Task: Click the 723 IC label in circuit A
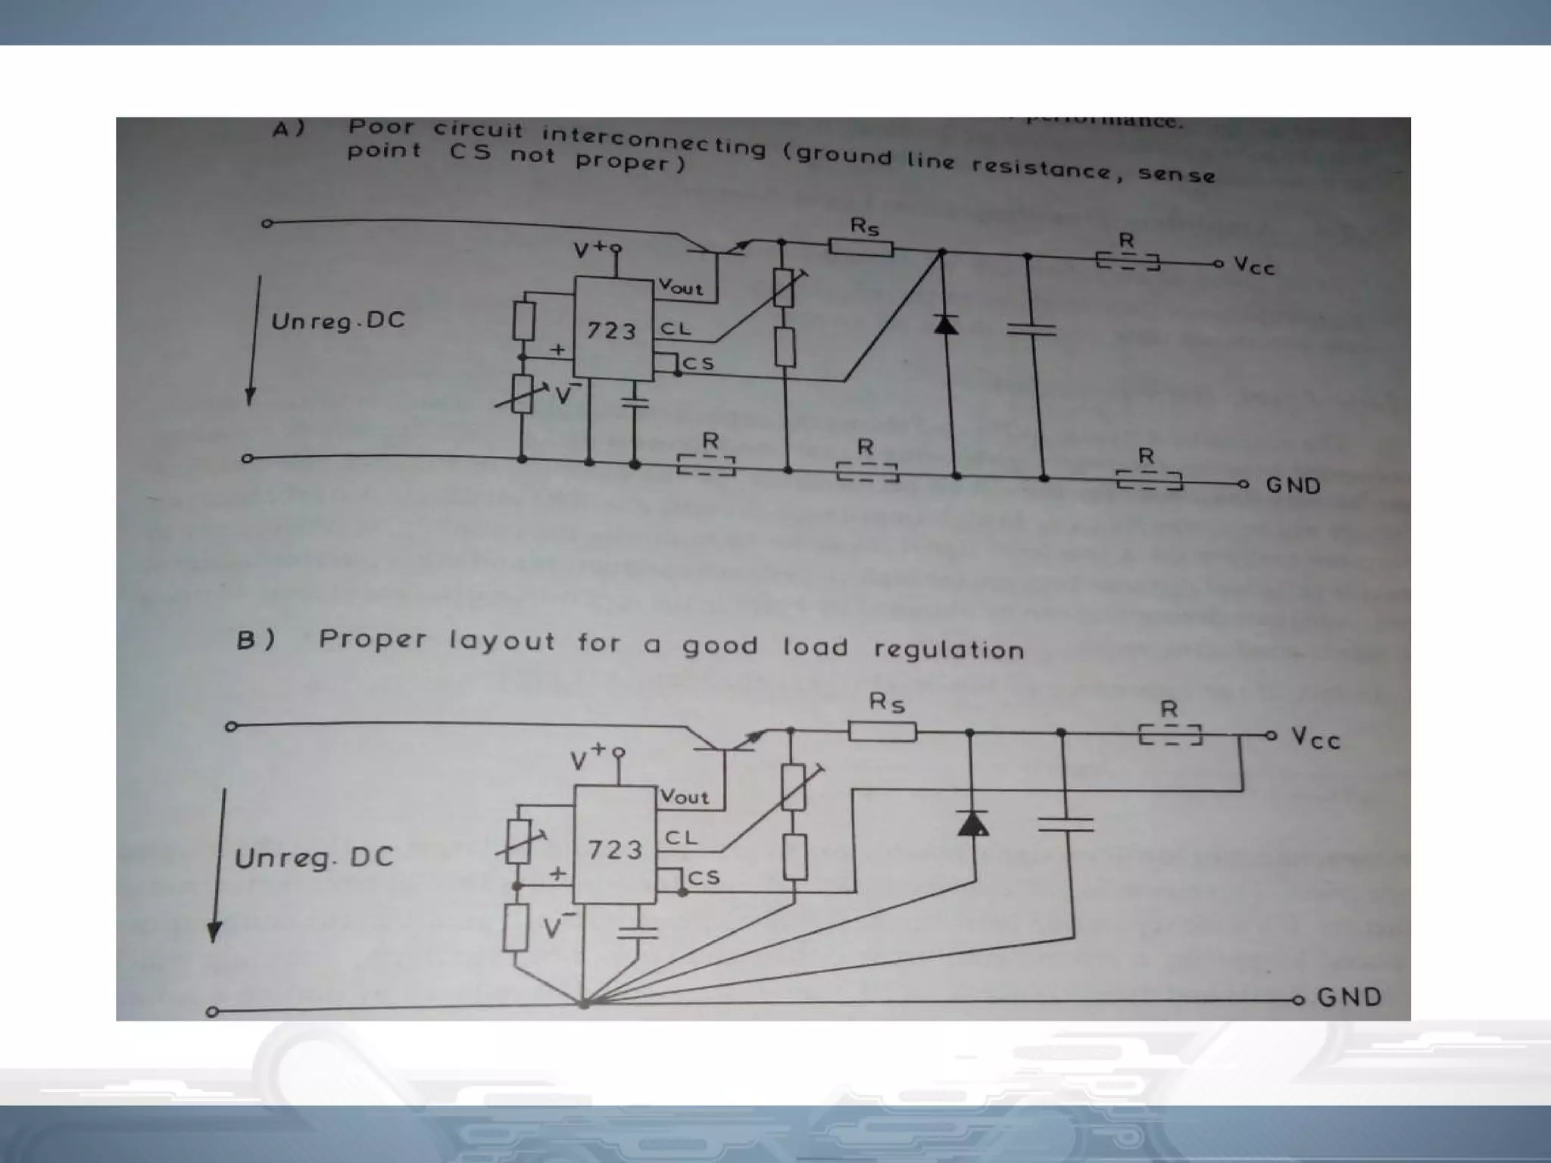pyautogui.click(x=612, y=331)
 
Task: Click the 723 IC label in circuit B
pyautogui.click(x=615, y=850)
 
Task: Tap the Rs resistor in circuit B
pyautogui.click(x=882, y=731)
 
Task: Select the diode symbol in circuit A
pyautogui.click(x=945, y=324)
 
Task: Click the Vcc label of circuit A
pyautogui.click(x=1254, y=265)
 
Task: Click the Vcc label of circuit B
pyautogui.click(x=1315, y=738)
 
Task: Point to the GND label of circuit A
pyautogui.click(x=1294, y=485)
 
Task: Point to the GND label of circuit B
pyautogui.click(x=1350, y=996)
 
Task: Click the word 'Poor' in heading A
pyautogui.click(x=381, y=127)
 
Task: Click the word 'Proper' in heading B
pyautogui.click(x=373, y=640)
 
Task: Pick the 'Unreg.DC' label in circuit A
pyautogui.click(x=338, y=322)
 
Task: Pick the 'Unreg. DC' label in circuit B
pyautogui.click(x=314, y=858)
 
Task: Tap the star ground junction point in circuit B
pyautogui.click(x=584, y=1005)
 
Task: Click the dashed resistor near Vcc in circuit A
pyautogui.click(x=1128, y=261)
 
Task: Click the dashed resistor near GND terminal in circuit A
pyautogui.click(x=1149, y=481)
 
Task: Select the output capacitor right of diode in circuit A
pyautogui.click(x=1031, y=329)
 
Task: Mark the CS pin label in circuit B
pyautogui.click(x=703, y=878)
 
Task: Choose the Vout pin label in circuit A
pyautogui.click(x=680, y=287)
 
